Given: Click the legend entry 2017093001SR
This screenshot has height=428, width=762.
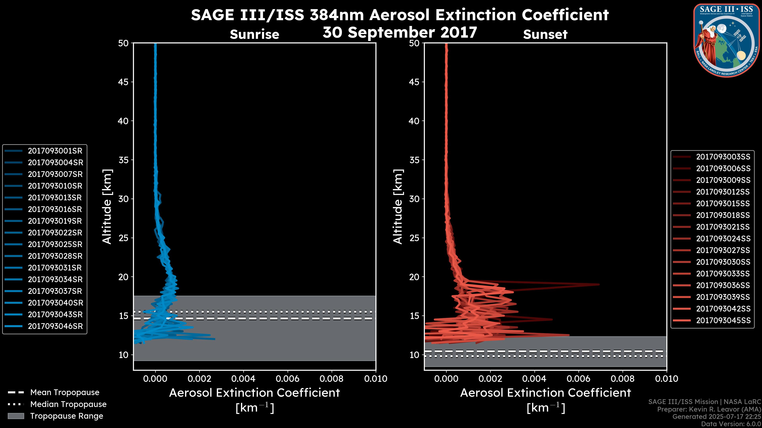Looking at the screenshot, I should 55,151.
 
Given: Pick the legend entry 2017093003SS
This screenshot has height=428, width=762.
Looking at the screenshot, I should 723,157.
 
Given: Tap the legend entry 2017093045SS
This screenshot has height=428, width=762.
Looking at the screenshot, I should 723,320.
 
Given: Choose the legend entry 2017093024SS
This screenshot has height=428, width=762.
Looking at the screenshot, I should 723,239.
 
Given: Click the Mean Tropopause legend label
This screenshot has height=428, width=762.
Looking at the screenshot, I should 65,393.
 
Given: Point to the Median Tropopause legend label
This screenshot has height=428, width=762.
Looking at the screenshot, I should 68,404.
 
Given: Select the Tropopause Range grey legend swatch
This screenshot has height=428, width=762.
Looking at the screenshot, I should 16,416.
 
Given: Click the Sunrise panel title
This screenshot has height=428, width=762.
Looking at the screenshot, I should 254,34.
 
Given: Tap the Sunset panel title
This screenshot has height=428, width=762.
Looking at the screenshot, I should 545,34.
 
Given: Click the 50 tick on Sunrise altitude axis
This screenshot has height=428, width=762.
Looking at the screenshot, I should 123,43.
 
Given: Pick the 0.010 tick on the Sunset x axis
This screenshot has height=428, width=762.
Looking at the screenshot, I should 667,379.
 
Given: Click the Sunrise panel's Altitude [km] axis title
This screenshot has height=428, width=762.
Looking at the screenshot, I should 107,207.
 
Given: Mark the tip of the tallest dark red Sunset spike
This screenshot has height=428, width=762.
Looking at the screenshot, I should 599,285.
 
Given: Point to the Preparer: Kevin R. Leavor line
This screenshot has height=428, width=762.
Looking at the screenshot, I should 709,409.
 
